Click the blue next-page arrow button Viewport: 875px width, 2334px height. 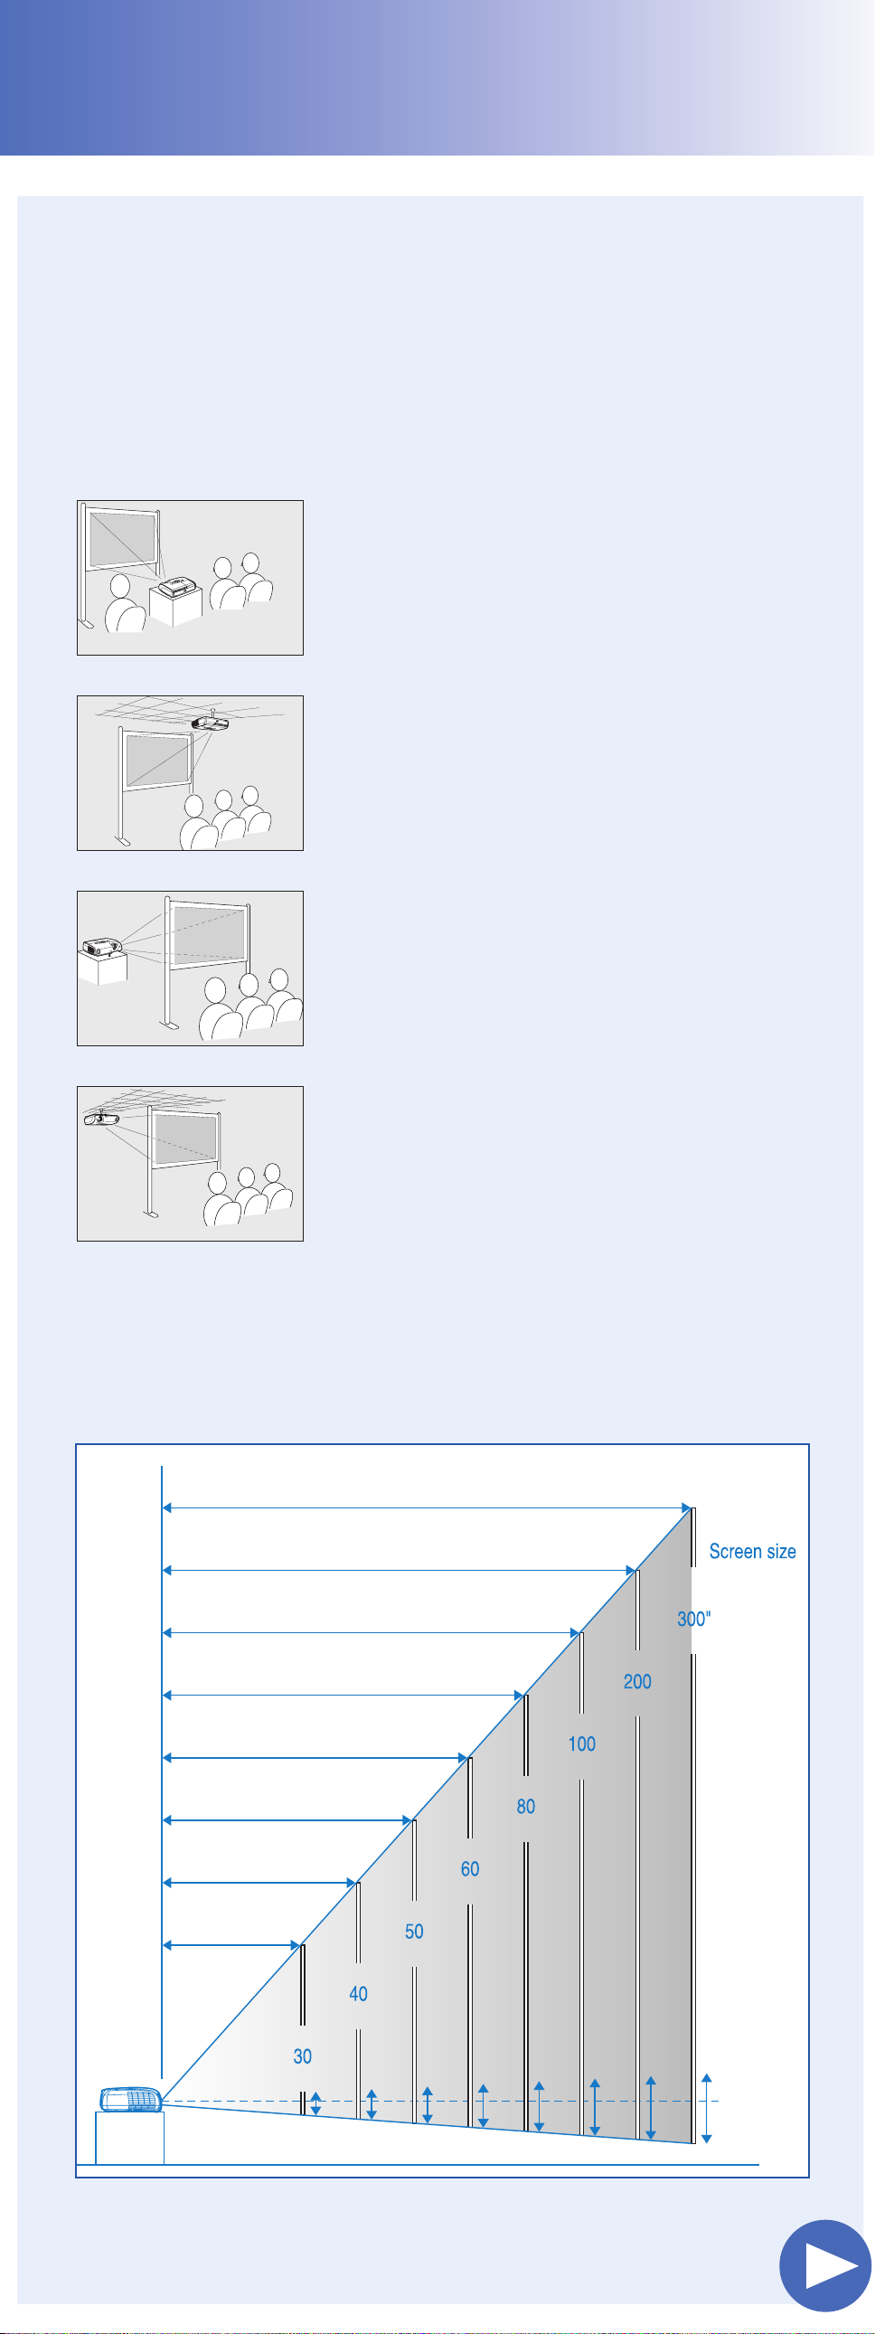click(x=824, y=2264)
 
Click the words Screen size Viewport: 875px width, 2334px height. click(x=752, y=1551)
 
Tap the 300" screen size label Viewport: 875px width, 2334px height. click(x=694, y=1618)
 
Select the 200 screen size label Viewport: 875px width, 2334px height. click(x=636, y=1681)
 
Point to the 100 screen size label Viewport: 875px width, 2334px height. click(x=581, y=1743)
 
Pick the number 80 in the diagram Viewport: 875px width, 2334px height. click(x=525, y=1806)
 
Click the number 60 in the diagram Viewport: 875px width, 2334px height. click(x=469, y=1868)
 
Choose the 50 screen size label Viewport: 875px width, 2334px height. click(x=414, y=1931)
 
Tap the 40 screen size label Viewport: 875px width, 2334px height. click(x=358, y=1993)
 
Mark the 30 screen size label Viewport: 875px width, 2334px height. click(x=303, y=2055)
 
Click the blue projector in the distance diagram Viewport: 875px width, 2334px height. click(x=131, y=2098)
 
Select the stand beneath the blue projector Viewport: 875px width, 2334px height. click(x=129, y=2138)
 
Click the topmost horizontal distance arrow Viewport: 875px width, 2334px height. click(x=427, y=1507)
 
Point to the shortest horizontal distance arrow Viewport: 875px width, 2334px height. click(x=231, y=1944)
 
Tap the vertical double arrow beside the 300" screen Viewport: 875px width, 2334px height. click(x=707, y=2108)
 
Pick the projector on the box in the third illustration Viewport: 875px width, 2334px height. click(x=101, y=948)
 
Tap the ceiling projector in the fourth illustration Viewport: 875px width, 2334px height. click(x=101, y=1118)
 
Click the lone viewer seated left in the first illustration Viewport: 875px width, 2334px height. click(x=124, y=602)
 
